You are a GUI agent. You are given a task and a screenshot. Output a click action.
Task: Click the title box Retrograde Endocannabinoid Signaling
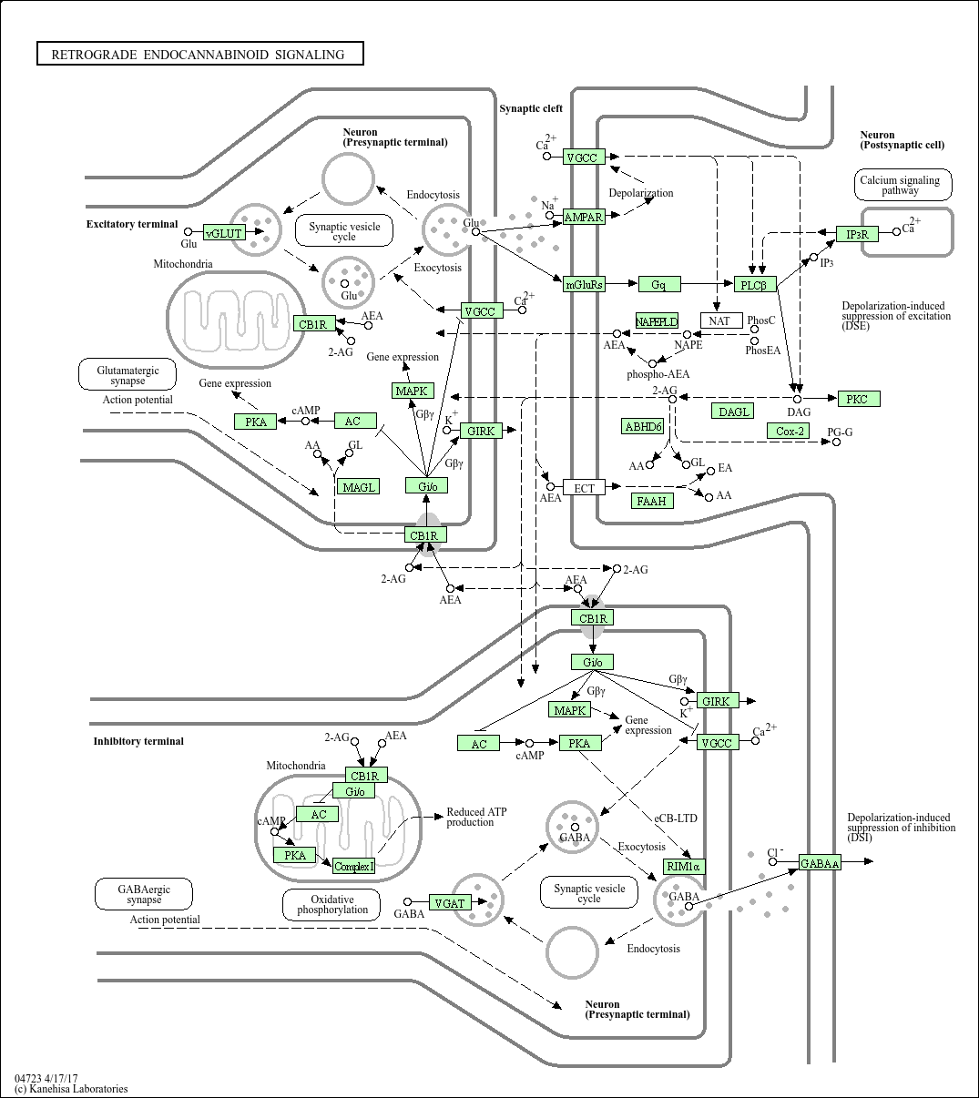pos(199,55)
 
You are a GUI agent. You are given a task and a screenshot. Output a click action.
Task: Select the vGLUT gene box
pos(224,233)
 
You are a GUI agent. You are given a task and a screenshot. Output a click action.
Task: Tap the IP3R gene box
pos(857,234)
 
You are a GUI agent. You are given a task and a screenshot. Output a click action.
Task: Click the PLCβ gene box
pos(754,285)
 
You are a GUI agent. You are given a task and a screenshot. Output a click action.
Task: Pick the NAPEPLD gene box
pos(657,321)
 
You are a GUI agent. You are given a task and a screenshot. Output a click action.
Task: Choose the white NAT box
pos(719,320)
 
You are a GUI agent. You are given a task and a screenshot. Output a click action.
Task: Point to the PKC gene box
pos(858,399)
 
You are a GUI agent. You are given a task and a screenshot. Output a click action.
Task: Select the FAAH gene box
pos(652,501)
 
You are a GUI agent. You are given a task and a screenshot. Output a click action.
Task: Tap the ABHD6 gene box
pos(643,426)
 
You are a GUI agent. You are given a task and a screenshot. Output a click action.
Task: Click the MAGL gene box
pos(359,487)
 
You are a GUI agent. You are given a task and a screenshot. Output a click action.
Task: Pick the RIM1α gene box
pos(684,866)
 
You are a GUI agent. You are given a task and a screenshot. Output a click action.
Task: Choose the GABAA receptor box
pos(820,863)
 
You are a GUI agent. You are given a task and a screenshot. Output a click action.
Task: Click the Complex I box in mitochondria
pos(353,866)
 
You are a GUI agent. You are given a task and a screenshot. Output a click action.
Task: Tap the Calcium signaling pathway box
pos(903,185)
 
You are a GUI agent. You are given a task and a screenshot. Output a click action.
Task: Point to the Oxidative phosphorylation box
pos(331,904)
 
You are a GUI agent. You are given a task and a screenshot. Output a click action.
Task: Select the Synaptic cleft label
pos(531,108)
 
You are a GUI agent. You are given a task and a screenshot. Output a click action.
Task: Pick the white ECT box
pos(584,488)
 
